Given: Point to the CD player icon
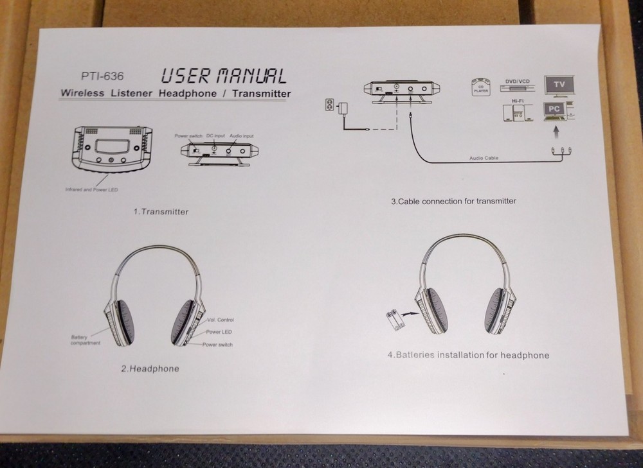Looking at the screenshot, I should click(x=480, y=86).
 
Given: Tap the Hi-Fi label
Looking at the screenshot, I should click(x=516, y=102).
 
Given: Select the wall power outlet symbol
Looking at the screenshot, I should click(x=331, y=104).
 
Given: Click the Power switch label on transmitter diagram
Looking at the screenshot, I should click(x=188, y=136).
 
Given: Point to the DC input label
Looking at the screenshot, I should click(x=215, y=135).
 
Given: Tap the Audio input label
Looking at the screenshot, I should click(x=242, y=136).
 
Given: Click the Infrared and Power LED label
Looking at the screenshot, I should click(x=92, y=189).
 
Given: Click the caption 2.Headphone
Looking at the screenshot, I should click(x=150, y=368).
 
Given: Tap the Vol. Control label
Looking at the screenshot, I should click(x=221, y=319).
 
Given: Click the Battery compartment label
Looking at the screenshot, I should click(x=85, y=340).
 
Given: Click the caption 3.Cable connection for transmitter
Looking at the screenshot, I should click(x=453, y=201).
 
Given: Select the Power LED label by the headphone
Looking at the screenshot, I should click(x=219, y=332).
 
